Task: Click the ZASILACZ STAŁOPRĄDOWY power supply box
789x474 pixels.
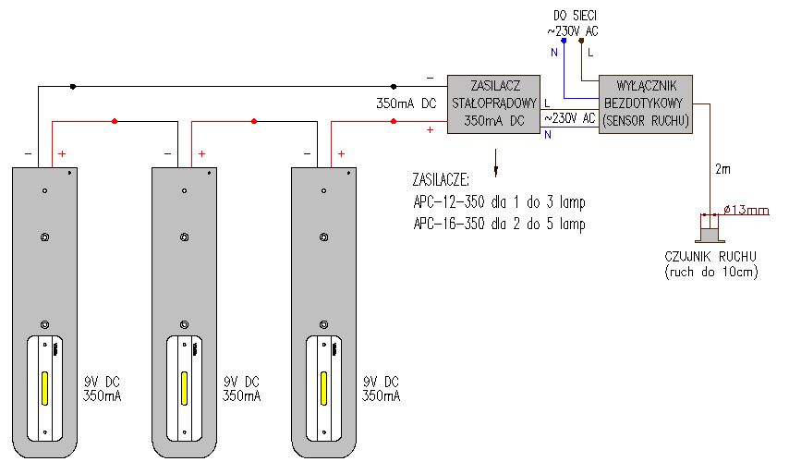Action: click(x=493, y=104)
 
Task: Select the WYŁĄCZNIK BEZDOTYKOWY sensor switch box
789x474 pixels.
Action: click(x=646, y=104)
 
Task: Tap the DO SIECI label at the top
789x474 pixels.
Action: click(x=575, y=16)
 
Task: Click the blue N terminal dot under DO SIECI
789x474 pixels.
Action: click(x=564, y=41)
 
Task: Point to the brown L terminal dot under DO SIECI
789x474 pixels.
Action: click(x=581, y=41)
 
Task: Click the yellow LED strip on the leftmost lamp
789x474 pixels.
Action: click(x=44, y=388)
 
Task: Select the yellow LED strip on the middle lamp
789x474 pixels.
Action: click(x=184, y=388)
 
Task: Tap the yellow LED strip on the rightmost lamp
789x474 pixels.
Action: click(x=324, y=388)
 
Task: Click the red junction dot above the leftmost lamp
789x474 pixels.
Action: click(x=115, y=121)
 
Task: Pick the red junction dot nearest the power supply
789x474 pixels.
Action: click(x=394, y=121)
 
